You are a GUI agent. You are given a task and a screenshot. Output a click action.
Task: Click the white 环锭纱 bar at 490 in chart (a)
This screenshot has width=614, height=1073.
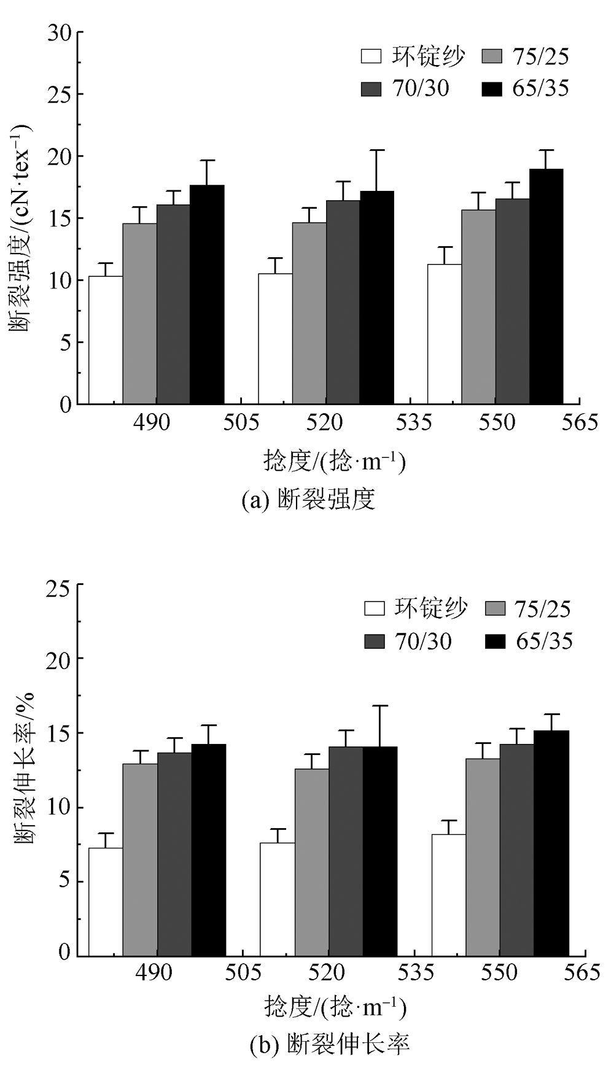pyautogui.click(x=106, y=340)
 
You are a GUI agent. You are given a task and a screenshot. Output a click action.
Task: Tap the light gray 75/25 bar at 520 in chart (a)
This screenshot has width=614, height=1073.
pyautogui.click(x=309, y=313)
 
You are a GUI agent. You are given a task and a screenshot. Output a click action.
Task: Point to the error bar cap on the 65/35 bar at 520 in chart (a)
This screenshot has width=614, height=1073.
pyautogui.click(x=377, y=150)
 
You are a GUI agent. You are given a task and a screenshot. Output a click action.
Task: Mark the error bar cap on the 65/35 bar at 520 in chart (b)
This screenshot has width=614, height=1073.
pyautogui.click(x=380, y=706)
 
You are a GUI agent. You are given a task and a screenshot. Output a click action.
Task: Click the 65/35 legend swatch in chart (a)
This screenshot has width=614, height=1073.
pyautogui.click(x=492, y=89)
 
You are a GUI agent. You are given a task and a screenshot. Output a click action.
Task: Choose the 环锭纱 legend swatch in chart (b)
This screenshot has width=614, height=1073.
pyautogui.click(x=374, y=608)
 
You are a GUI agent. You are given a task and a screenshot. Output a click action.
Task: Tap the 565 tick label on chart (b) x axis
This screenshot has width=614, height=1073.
pyautogui.click(x=581, y=972)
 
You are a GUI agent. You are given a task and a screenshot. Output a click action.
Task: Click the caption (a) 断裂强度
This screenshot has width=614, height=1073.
pyautogui.click(x=308, y=500)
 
